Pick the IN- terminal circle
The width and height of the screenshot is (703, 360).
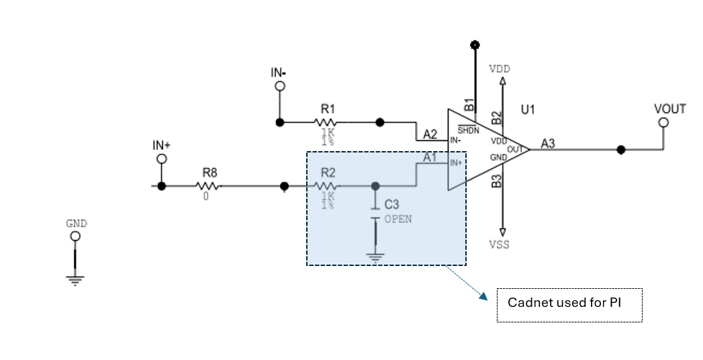(x=279, y=87)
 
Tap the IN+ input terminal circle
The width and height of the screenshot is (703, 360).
(x=161, y=159)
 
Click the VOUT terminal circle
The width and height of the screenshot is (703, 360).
(x=663, y=122)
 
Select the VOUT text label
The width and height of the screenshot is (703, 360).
(x=669, y=109)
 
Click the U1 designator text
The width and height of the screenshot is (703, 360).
(x=528, y=109)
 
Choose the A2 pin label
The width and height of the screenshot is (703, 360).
(x=430, y=134)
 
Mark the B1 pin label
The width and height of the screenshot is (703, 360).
(x=469, y=105)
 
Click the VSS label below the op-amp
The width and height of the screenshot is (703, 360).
(x=499, y=244)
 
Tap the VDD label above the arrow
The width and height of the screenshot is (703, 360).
(x=500, y=69)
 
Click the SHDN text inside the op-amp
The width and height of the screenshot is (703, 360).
(x=468, y=130)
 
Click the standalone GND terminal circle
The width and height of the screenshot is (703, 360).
(x=75, y=236)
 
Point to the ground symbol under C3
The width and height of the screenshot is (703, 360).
(x=375, y=255)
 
